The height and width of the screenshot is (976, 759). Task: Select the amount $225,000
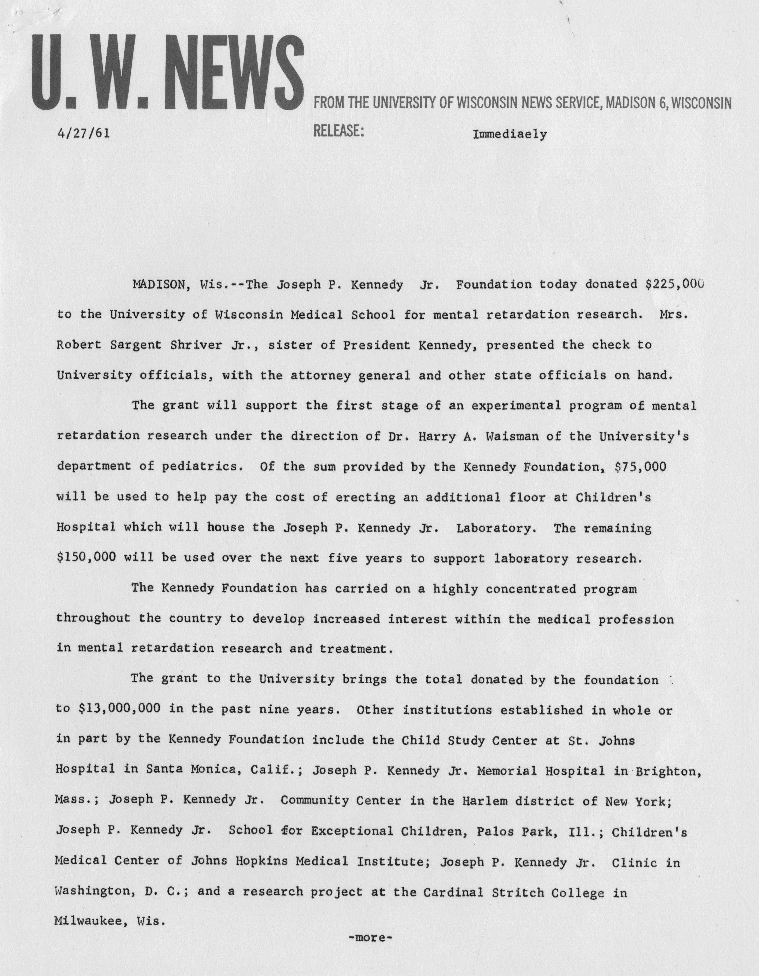674,284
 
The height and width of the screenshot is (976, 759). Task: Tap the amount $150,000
87,558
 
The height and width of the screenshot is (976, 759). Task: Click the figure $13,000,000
119,710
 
